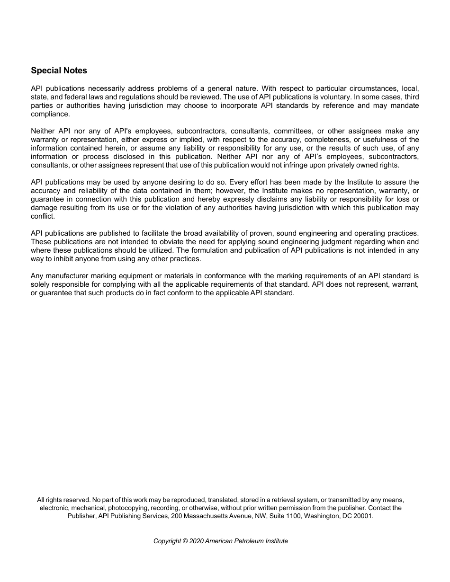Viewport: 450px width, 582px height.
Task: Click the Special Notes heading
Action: click(59, 71)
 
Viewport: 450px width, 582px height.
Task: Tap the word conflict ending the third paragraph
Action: click(43, 216)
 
